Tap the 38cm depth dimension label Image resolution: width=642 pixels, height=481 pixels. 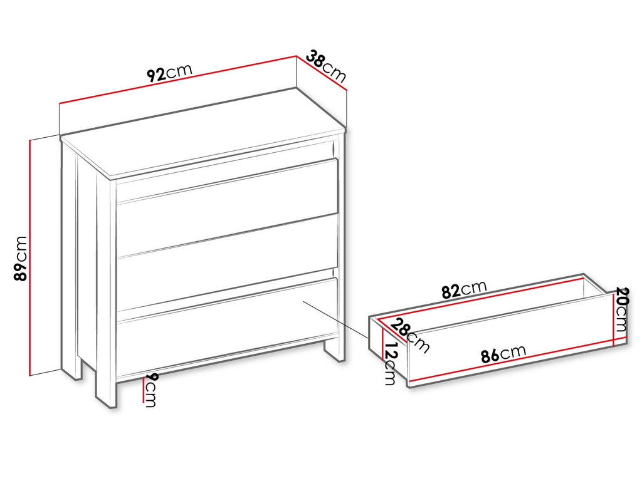(x=326, y=65)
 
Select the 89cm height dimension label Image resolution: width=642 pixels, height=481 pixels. (x=20, y=258)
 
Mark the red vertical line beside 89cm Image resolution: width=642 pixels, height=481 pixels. (x=30, y=257)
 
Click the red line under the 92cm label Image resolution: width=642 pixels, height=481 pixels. (x=177, y=80)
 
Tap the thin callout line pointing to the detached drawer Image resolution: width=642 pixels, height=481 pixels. (x=335, y=319)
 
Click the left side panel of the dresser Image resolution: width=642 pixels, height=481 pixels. (x=86, y=262)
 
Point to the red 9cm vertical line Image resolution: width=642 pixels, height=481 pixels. (x=144, y=389)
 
